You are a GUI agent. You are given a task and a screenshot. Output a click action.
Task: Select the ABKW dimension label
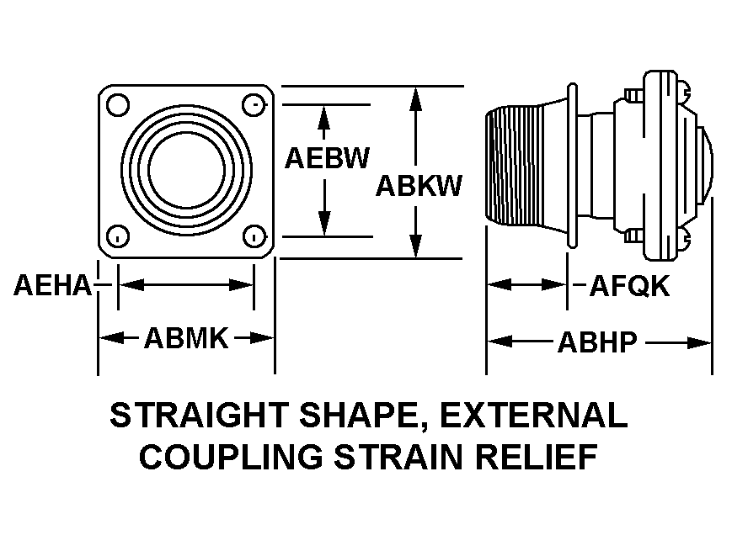click(x=419, y=185)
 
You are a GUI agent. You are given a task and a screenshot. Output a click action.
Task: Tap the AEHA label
click(x=52, y=285)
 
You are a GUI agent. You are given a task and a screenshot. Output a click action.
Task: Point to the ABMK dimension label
click(x=186, y=338)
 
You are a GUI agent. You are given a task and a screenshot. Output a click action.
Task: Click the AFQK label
click(x=630, y=286)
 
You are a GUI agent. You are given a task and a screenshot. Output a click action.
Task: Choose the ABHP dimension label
click(x=597, y=342)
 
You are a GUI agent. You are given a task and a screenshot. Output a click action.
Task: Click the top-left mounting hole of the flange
click(x=118, y=105)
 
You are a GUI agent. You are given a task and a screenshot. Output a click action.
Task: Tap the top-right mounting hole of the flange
click(x=254, y=105)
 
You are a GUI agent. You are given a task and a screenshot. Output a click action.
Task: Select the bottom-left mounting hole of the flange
click(x=118, y=236)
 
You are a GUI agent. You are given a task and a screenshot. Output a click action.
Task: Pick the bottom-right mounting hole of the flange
click(x=254, y=236)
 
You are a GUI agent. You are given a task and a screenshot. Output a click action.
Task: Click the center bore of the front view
click(x=186, y=170)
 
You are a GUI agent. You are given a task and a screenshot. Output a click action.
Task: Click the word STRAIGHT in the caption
click(x=199, y=415)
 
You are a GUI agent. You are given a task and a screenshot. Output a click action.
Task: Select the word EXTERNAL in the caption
click(x=533, y=415)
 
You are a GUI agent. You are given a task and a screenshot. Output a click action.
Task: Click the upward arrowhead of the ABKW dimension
click(x=416, y=99)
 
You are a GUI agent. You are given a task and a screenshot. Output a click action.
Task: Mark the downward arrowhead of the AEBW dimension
click(x=324, y=223)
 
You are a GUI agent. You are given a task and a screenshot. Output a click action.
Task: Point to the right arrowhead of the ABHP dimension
click(x=699, y=342)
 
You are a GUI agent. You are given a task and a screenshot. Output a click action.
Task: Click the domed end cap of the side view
click(x=706, y=162)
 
